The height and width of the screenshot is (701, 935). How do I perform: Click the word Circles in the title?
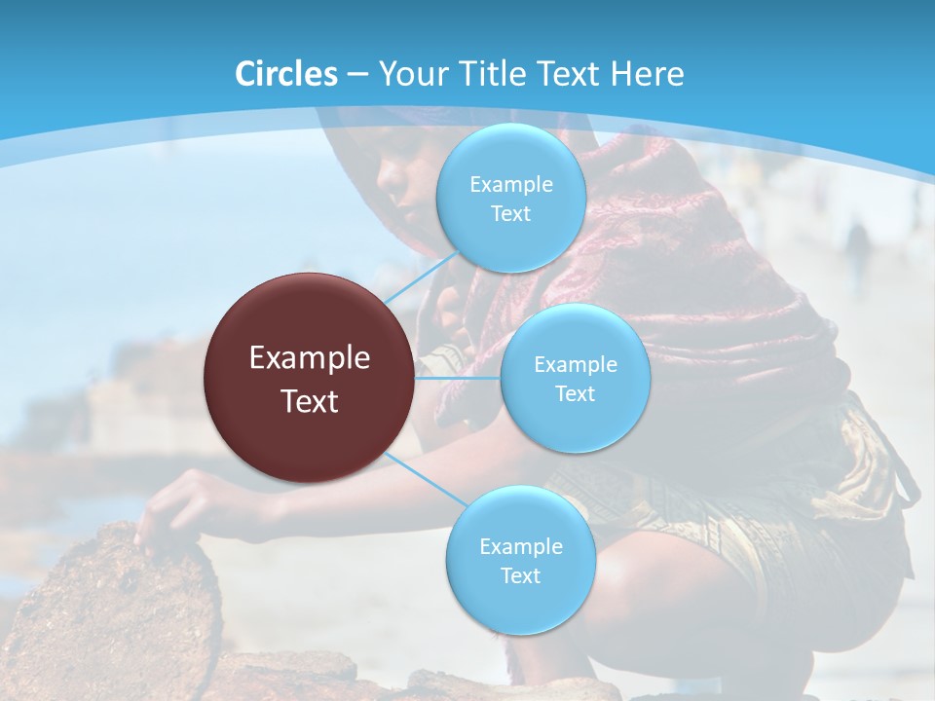[286, 74]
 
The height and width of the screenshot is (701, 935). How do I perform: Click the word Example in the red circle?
[310, 358]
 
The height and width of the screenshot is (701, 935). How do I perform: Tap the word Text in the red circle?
[310, 401]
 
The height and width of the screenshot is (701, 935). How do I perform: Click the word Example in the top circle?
[510, 185]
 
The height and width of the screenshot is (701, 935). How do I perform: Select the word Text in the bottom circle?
[520, 575]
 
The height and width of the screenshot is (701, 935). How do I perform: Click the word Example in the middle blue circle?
[575, 365]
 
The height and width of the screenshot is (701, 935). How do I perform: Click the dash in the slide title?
[356, 74]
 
